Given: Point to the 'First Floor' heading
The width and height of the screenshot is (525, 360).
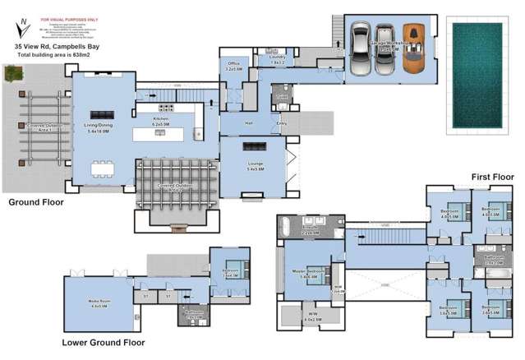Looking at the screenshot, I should (491, 177).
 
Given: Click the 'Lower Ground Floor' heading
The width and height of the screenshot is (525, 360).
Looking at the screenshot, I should (104, 342).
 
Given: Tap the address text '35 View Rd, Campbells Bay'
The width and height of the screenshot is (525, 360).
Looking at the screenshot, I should (58, 48).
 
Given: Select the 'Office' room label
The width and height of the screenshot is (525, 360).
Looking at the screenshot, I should (232, 63).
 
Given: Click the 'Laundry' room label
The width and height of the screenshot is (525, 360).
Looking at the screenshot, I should (276, 57).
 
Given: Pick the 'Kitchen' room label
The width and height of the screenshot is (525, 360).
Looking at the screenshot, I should (160, 120).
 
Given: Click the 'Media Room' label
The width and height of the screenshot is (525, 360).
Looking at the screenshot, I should (99, 302).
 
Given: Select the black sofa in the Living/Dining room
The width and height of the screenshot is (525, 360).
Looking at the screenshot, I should (104, 114).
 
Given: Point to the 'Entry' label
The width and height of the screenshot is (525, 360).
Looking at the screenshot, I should (283, 124).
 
